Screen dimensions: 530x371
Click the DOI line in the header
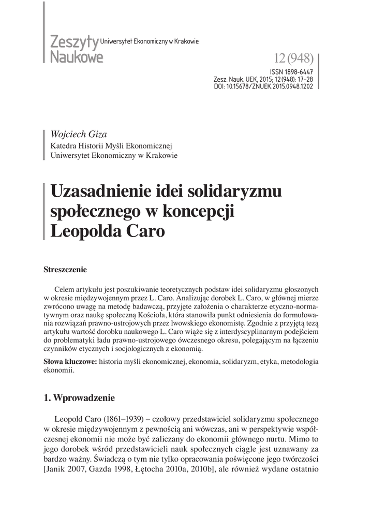263,86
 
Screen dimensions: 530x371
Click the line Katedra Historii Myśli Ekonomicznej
111,145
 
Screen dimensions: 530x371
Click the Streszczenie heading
66,270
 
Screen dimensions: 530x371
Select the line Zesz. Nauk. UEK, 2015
263,80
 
